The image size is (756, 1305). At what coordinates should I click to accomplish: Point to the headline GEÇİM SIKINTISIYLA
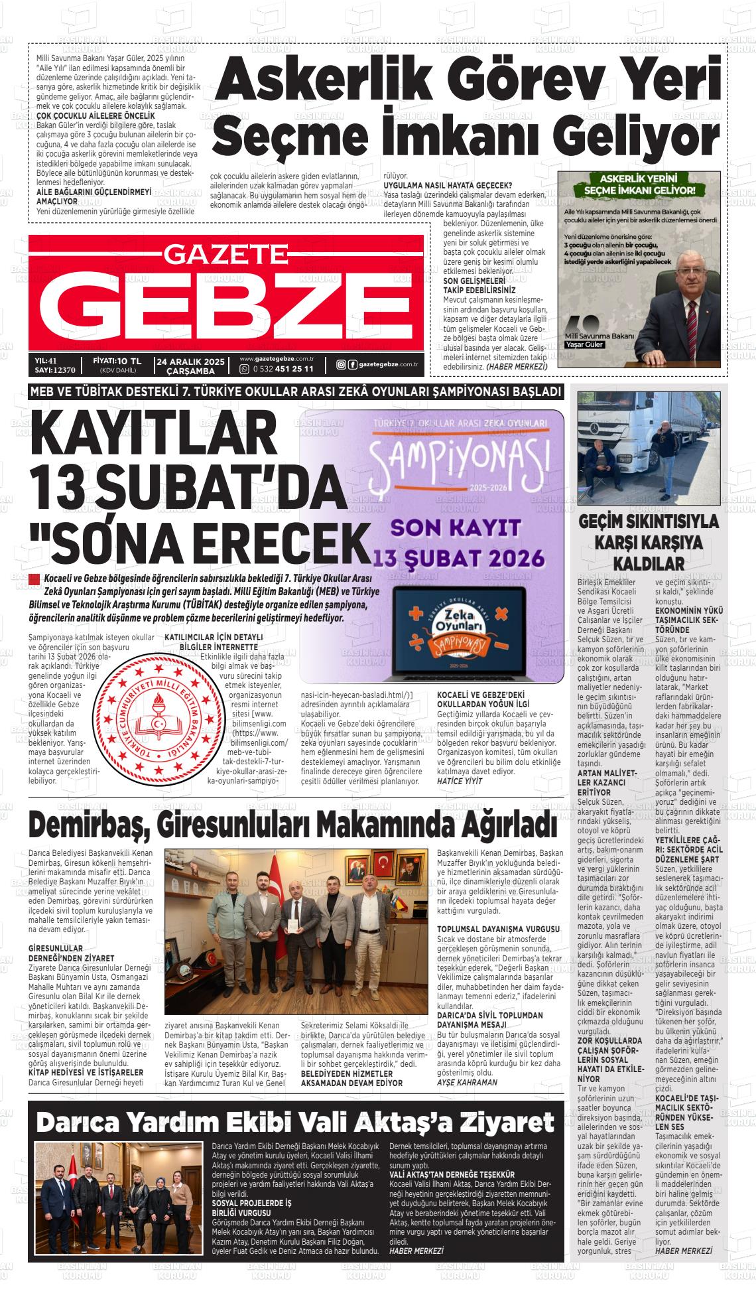[649, 521]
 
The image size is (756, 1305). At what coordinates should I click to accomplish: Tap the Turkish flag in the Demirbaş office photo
[383, 864]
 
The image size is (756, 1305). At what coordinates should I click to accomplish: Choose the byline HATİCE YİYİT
[460, 782]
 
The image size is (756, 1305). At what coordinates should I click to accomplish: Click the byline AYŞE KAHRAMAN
[466, 1082]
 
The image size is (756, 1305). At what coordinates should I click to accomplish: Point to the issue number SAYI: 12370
[54, 370]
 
